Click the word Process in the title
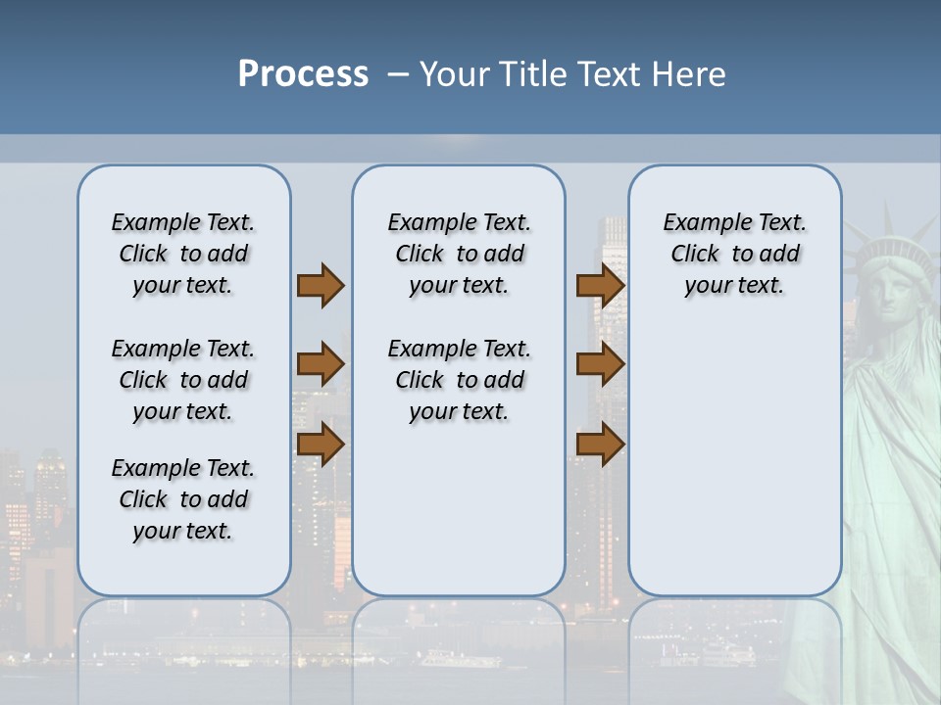(303, 73)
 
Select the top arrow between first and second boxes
(321, 285)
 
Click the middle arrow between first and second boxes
(321, 364)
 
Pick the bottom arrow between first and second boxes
(321, 444)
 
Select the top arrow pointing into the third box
(600, 285)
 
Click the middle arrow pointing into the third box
(600, 364)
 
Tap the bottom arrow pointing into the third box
(600, 444)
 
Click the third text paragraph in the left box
(183, 499)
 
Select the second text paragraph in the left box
(183, 380)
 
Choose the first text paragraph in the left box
(183, 254)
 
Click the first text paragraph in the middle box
(459, 254)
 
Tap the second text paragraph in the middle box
(459, 380)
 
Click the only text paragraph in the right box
(734, 254)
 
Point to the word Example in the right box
(701, 223)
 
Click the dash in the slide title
(397, 74)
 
